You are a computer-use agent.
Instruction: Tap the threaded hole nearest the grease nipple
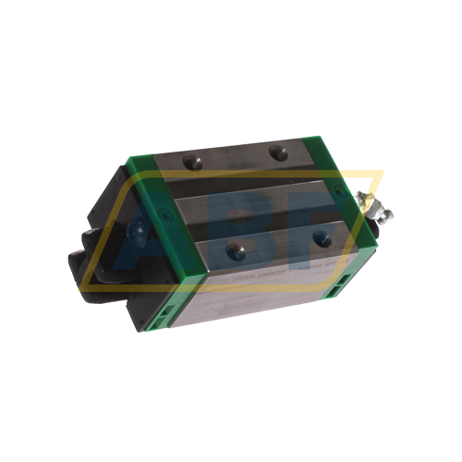[321, 238]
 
